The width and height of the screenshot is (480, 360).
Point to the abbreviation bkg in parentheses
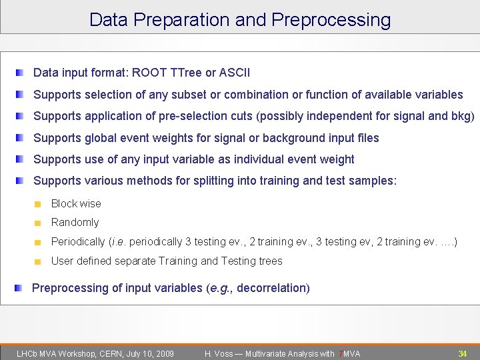click(460, 116)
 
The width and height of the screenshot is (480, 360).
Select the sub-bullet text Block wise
click(76, 203)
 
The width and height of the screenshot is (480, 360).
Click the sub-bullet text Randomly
click(75, 222)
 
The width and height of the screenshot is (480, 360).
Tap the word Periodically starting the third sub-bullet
click(78, 241)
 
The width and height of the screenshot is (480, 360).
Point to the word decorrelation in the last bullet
click(271, 288)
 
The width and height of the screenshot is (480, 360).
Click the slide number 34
click(462, 353)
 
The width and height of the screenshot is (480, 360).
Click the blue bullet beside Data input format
click(21, 72)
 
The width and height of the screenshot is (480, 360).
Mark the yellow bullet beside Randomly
click(39, 223)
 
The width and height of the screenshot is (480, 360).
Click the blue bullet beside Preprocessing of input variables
click(21, 288)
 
